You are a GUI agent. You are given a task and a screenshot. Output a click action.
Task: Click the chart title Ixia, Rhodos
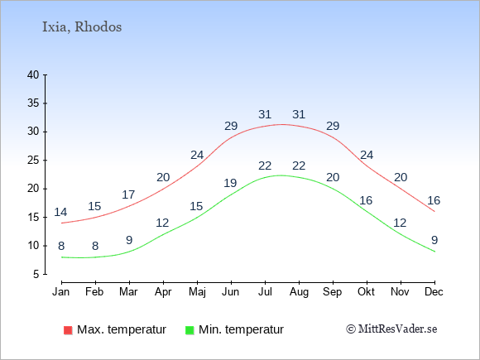(82, 27)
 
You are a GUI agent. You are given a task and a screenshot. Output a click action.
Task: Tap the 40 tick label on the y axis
(33, 74)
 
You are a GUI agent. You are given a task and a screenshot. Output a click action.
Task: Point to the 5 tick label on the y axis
(36, 274)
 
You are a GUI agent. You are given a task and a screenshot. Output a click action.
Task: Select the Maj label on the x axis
(197, 292)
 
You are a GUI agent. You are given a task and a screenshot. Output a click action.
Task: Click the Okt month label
(366, 292)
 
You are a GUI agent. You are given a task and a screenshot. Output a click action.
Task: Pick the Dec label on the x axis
(434, 292)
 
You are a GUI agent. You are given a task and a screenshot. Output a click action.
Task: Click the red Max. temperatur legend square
(68, 330)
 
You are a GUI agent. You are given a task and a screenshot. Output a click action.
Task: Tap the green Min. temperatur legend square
(190, 330)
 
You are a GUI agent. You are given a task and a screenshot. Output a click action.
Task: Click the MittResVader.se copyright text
(391, 329)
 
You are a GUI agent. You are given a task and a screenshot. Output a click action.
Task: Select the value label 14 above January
(60, 212)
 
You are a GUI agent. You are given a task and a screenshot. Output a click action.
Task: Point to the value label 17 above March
(128, 194)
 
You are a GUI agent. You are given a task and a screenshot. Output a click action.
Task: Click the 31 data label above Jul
(265, 114)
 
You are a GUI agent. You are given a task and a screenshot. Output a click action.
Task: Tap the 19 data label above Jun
(230, 183)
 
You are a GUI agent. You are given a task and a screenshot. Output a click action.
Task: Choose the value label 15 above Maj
(196, 206)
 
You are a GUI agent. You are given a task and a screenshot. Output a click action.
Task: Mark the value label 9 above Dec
(434, 240)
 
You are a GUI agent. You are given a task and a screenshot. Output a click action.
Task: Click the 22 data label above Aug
(299, 166)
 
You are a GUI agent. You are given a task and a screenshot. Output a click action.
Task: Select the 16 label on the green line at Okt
(366, 200)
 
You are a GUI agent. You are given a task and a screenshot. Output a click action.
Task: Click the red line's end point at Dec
(434, 212)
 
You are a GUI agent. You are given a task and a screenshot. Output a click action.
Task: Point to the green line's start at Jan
(62, 257)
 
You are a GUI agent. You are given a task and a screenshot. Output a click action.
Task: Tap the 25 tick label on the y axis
(33, 160)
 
